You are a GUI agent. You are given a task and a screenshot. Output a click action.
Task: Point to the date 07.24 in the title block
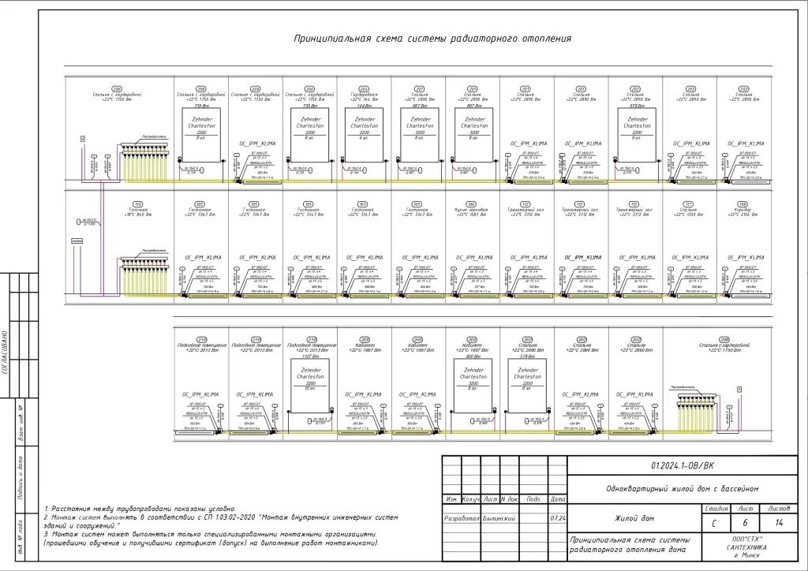click(557, 519)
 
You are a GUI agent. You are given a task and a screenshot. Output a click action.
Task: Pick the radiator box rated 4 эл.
click(364, 126)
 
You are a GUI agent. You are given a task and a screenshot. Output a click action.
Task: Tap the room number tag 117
click(689, 203)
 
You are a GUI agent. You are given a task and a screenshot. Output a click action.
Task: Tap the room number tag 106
click(472, 203)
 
